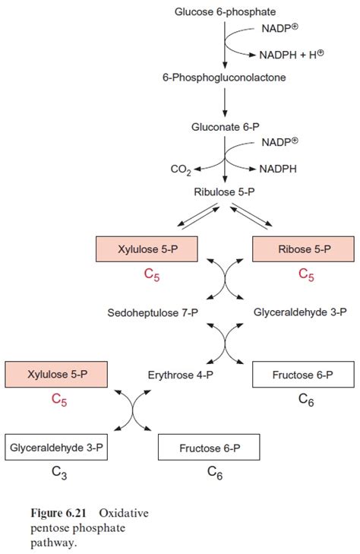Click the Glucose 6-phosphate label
pos(225,12)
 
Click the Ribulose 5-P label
pos(225,192)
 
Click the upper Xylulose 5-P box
pos(147,249)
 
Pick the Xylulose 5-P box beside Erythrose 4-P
pos(56,375)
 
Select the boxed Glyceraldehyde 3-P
pos(56,448)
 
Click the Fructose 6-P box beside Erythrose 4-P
pos(302,375)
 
